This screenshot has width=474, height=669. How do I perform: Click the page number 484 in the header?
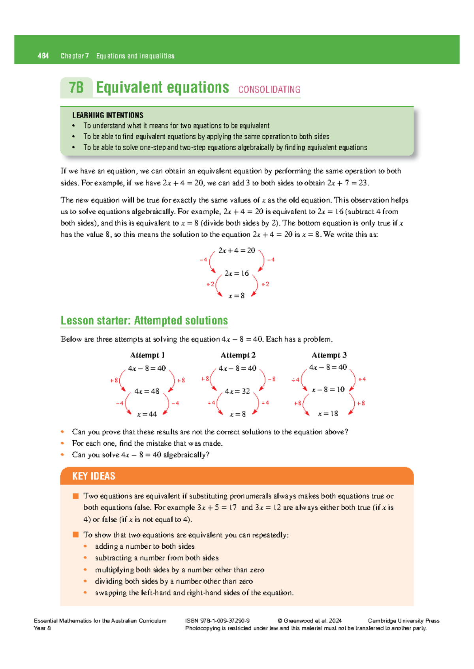43,56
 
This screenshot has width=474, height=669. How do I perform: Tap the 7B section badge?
76,88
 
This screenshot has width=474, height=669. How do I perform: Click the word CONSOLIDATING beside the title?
269,90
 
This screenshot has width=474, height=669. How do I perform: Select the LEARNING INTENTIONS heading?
107,115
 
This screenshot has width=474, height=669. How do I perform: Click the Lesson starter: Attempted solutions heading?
144,320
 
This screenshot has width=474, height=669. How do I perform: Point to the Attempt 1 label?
147,355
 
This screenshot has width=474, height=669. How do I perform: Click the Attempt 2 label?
238,355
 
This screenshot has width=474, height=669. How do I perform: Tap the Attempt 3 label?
329,355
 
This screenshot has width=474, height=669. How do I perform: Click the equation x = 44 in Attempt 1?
147,414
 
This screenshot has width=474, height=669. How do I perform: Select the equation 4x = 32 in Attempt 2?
237,391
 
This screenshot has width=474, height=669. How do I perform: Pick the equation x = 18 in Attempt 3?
328,414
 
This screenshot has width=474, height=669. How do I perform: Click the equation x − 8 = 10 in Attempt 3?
328,390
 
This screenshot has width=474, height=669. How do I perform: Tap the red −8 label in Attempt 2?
271,379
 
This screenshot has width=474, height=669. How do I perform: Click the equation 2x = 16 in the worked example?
237,273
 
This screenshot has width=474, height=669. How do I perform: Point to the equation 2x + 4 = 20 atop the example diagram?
237,250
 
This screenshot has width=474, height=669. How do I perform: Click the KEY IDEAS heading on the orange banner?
94,476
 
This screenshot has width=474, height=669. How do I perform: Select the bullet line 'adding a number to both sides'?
145,546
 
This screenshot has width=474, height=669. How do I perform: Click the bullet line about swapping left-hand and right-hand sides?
194,592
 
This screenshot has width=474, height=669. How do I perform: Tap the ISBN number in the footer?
217,620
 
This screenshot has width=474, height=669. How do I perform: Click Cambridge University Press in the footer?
403,620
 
